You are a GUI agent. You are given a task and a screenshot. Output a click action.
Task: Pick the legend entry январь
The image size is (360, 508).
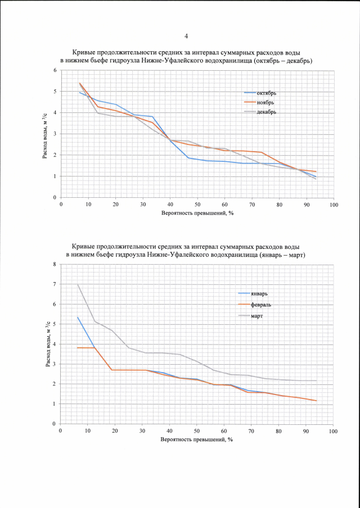[262, 293]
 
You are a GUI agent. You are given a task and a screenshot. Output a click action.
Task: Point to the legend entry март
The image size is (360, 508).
[259, 315]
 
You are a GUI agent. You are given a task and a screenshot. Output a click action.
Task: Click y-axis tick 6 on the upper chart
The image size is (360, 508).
[55, 70]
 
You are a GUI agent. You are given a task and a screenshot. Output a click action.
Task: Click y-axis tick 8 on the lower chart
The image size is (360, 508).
[54, 264]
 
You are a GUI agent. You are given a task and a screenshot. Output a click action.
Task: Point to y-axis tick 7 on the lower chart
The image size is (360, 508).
[54, 284]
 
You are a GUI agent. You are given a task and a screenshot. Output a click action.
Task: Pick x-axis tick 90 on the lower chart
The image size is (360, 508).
[306, 431]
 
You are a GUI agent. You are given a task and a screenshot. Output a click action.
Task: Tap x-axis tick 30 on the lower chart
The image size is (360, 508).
[142, 431]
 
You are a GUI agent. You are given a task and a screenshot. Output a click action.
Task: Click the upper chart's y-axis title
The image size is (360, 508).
[45, 134]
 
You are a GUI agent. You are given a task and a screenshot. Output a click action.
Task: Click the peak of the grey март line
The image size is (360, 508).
[78, 284]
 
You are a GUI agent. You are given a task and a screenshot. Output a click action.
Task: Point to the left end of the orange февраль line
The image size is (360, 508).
[78, 348]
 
